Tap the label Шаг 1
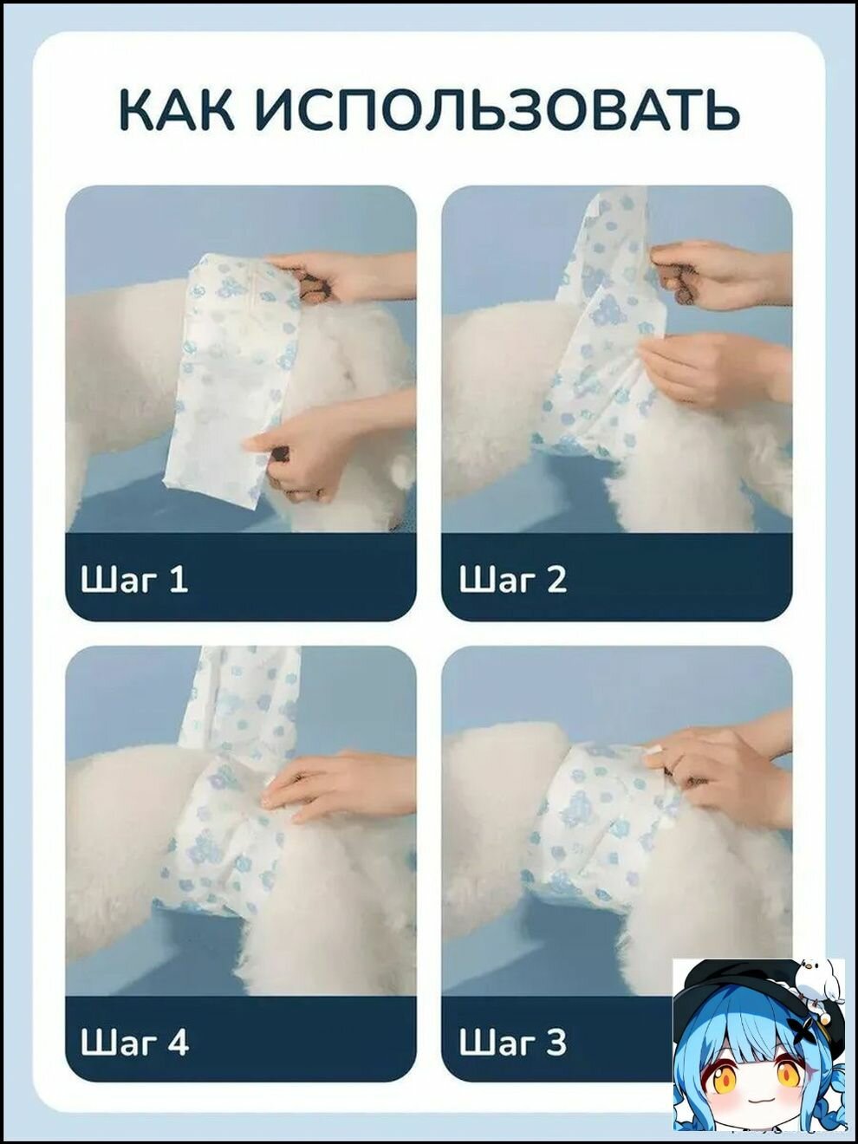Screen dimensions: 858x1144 pos(134,580)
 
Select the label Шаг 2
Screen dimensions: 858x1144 pos(512,580)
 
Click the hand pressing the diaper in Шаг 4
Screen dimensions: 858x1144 pos(339,790)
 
